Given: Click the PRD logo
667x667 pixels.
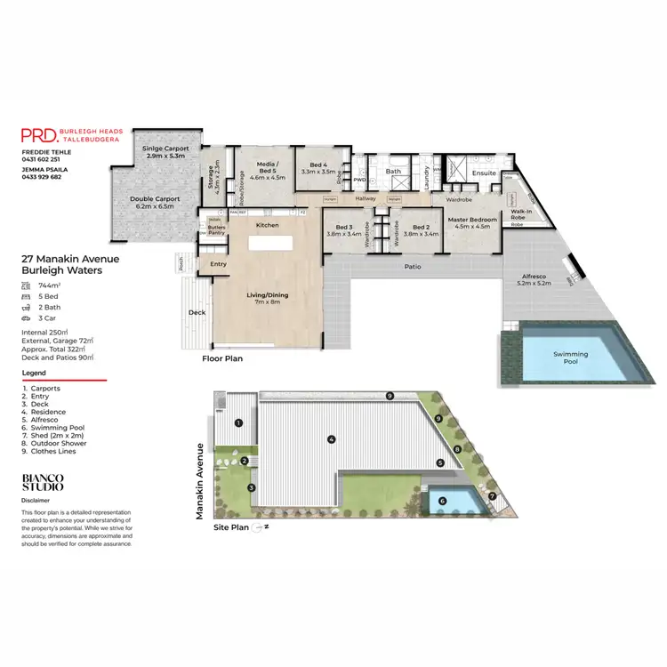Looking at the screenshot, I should pyautogui.click(x=39, y=135).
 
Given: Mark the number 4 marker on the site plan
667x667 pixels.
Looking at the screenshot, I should pyautogui.click(x=330, y=438).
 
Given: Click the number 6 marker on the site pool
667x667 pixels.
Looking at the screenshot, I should pyautogui.click(x=443, y=501).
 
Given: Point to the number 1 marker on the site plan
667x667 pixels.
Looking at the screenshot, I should pyautogui.click(x=238, y=423).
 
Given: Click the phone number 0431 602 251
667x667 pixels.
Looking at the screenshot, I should pyautogui.click(x=42, y=160).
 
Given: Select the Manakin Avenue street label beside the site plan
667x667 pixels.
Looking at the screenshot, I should pyautogui.click(x=202, y=481).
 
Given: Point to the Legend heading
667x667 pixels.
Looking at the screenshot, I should pyautogui.click(x=34, y=374).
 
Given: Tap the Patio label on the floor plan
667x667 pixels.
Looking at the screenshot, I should pyautogui.click(x=412, y=266).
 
